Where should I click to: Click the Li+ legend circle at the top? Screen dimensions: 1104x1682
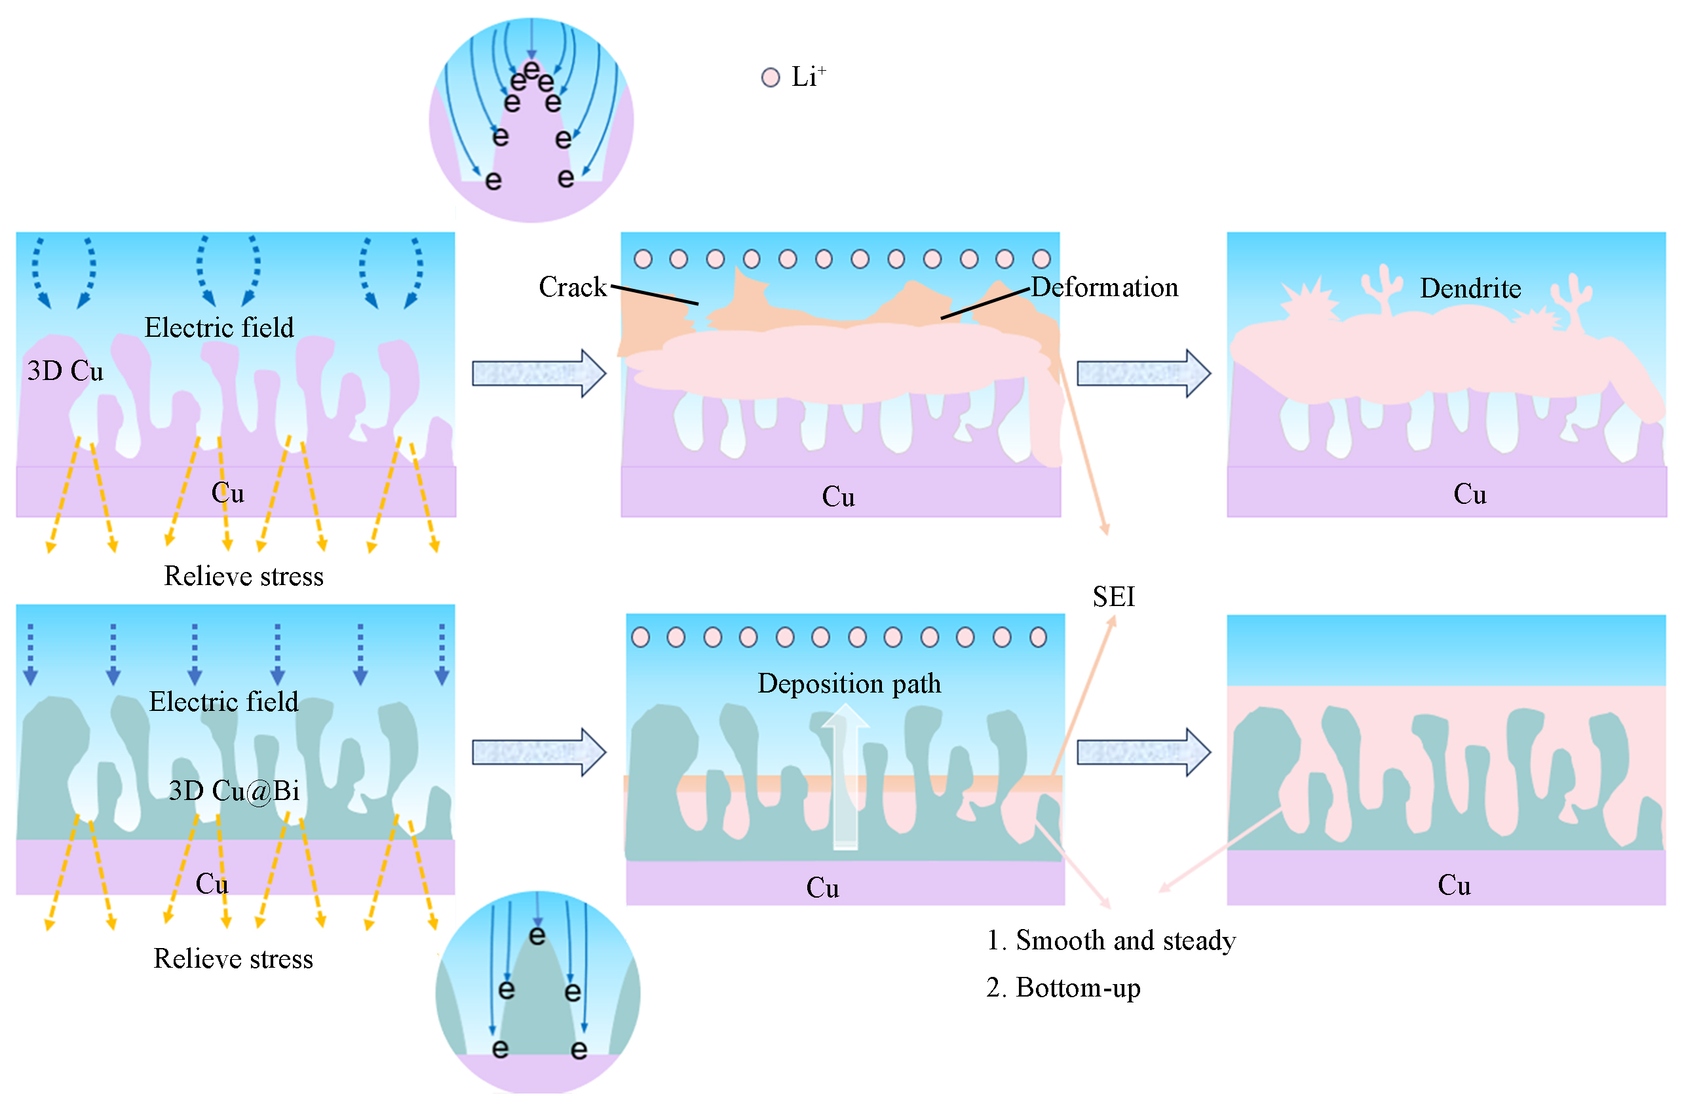click(771, 77)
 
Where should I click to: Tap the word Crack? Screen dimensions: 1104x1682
click(572, 287)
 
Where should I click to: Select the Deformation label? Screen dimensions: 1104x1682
click(1105, 287)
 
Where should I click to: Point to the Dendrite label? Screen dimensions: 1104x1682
click(1470, 288)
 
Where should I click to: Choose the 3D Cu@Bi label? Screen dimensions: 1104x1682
click(234, 791)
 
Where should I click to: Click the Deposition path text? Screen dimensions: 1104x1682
click(849, 683)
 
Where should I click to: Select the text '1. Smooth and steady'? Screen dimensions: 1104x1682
click(1111, 941)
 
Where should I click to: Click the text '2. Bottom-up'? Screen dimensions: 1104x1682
click(1063, 988)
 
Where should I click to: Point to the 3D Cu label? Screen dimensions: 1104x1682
click(65, 371)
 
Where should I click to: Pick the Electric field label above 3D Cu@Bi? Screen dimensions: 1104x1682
click(223, 702)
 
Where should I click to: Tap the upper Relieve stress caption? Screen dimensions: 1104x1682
click(244, 577)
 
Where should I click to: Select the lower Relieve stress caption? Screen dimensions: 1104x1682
click(233, 959)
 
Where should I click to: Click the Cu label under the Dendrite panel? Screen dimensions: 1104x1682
click(1469, 494)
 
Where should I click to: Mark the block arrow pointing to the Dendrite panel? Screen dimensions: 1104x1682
click(1143, 373)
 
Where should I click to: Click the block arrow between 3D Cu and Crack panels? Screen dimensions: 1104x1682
click(539, 373)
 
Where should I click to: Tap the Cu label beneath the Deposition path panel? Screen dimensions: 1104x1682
click(822, 888)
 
